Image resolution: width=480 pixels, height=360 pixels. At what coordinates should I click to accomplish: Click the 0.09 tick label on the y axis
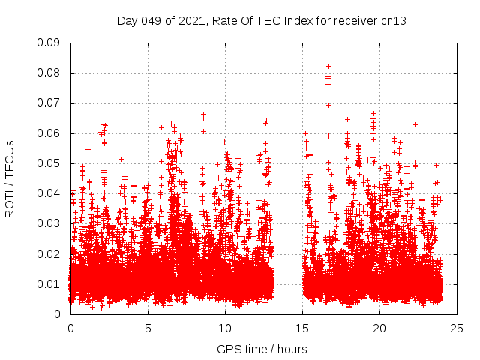pos(49,43)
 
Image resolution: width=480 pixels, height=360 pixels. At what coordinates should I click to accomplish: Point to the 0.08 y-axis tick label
pos(49,73)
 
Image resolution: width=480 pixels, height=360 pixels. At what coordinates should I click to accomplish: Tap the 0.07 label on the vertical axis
pos(49,103)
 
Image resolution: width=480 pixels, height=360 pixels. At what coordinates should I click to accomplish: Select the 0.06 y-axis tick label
pos(49,133)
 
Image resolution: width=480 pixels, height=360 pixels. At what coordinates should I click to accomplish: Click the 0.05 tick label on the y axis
pos(49,163)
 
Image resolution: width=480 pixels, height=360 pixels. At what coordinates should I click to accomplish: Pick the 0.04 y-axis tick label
pos(49,193)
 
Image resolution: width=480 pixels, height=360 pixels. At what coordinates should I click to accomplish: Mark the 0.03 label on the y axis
pos(49,223)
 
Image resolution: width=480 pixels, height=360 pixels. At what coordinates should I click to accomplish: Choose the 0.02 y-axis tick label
pos(49,253)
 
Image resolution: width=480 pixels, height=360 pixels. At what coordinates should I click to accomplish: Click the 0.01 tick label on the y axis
pos(49,283)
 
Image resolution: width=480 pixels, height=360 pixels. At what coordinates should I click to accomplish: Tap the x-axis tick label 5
pos(148,328)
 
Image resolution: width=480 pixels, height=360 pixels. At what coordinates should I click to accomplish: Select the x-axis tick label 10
pos(225,328)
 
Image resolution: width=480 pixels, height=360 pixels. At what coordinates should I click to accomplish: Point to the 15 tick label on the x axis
pos(302,328)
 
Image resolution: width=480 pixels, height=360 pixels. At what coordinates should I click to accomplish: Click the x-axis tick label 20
pos(380,328)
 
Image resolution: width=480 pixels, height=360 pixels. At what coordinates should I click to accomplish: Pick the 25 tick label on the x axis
pos(457,328)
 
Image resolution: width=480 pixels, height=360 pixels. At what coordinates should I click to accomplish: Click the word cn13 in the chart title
pos(394,21)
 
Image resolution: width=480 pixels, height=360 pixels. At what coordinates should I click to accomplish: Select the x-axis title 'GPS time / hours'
pos(262,349)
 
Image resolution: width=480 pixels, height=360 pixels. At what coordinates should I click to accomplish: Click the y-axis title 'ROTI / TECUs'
pos(10,178)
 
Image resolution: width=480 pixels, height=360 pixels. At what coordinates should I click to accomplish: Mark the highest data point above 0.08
pos(328,66)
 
